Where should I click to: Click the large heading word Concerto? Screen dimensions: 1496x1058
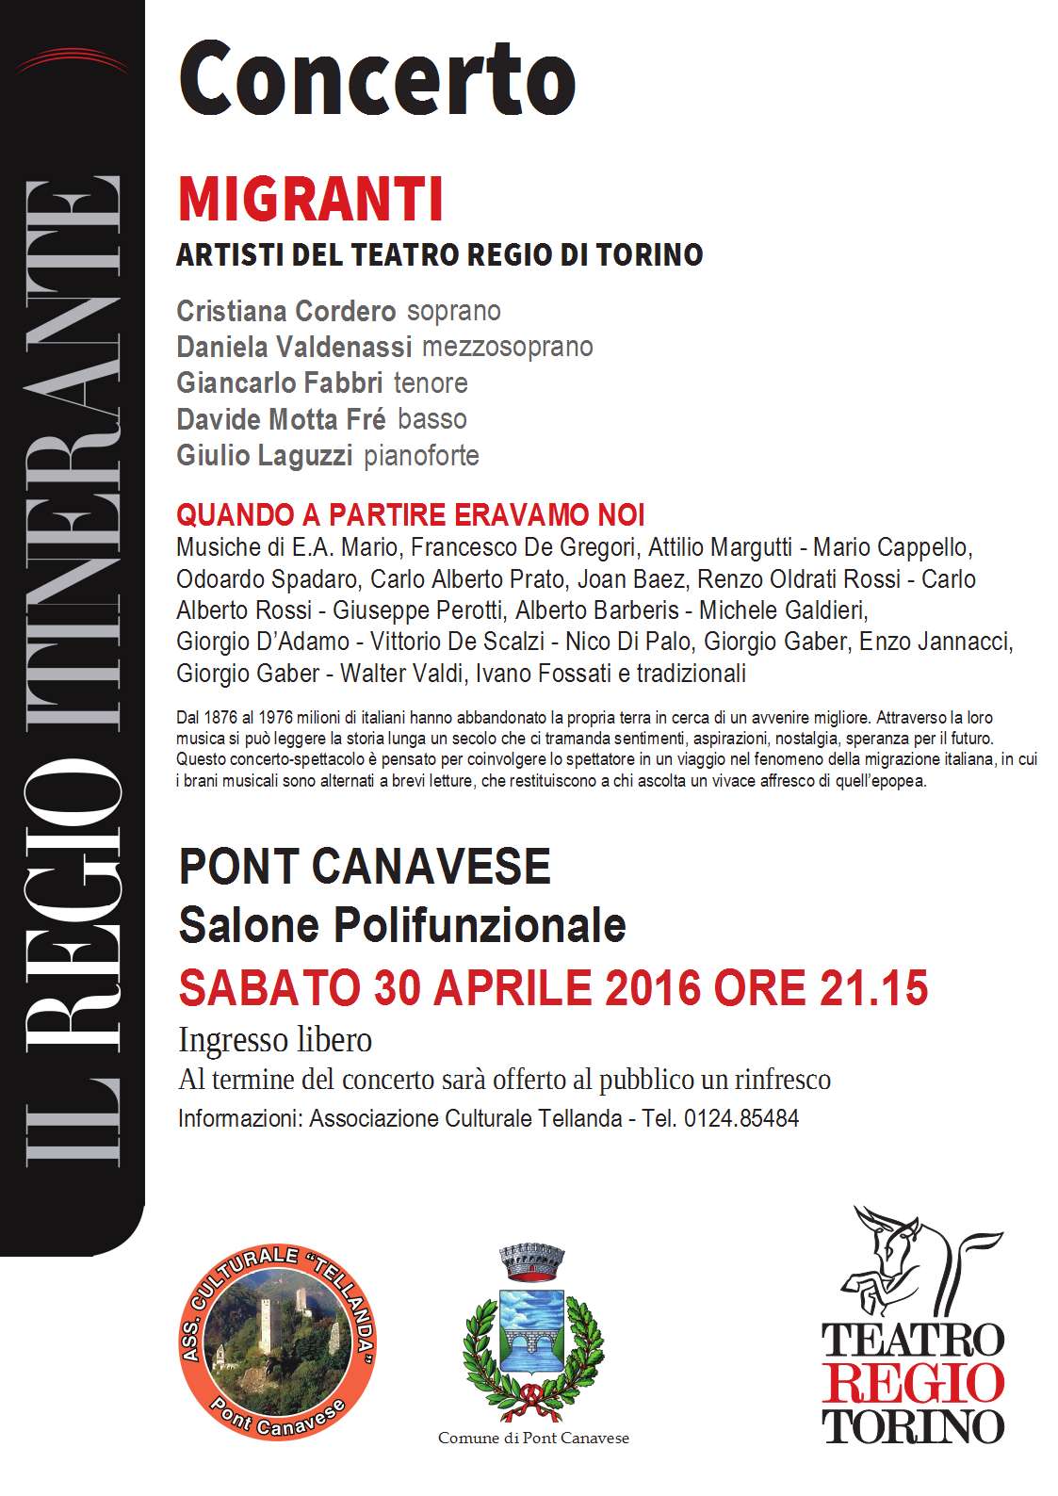click(377, 80)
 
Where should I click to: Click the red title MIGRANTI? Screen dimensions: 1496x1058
click(310, 200)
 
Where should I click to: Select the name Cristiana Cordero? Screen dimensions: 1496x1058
click(286, 311)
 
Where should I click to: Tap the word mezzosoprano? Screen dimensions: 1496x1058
click(507, 347)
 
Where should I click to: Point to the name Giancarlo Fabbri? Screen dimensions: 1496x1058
click(280, 382)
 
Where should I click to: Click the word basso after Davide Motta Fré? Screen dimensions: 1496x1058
click(432, 419)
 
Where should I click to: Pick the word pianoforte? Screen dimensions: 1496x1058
click(421, 456)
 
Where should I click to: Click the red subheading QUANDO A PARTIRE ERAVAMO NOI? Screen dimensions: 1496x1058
click(411, 515)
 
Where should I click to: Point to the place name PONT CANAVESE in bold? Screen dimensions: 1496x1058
click(364, 867)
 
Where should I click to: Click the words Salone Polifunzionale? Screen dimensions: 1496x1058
click(402, 925)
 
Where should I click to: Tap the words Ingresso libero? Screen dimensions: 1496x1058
click(275, 1040)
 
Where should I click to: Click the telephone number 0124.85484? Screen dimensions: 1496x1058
click(741, 1118)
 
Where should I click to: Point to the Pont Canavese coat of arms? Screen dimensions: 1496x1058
click(533, 1328)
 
